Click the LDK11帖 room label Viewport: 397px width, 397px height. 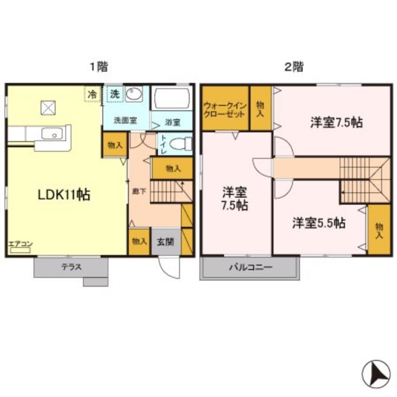click(64, 194)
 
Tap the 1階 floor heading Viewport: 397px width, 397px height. click(99, 67)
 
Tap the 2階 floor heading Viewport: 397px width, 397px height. click(294, 67)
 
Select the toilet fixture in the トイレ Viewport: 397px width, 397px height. click(181, 143)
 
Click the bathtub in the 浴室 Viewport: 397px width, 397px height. click(171, 98)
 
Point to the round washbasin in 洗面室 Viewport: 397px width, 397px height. click(134, 94)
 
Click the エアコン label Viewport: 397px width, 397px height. click(20, 244)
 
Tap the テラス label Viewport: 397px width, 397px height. click(71, 267)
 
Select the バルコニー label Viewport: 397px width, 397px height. click(250, 268)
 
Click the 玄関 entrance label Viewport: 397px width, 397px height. click(166, 242)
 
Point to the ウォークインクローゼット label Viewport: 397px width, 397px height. click(224, 109)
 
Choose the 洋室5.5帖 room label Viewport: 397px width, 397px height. click(319, 222)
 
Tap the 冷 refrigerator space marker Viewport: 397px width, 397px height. click(92, 93)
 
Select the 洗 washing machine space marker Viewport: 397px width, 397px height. click(114, 93)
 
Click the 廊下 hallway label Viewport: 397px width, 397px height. click(135, 192)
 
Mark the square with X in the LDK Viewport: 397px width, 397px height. click(48, 107)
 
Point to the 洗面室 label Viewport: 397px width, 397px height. click(126, 120)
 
